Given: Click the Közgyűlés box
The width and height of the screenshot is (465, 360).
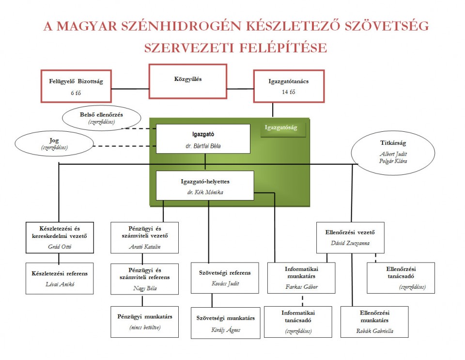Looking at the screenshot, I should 188,82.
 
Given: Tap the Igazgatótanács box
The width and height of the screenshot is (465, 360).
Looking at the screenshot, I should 288,86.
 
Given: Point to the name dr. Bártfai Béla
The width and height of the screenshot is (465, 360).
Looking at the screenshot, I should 203,145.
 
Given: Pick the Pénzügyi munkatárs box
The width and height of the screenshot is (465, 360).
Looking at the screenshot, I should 144,322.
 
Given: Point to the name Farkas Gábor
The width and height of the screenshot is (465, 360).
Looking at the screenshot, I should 301,286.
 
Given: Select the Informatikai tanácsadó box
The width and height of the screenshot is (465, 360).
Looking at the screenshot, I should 298,322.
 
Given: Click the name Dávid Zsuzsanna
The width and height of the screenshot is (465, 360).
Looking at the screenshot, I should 352,243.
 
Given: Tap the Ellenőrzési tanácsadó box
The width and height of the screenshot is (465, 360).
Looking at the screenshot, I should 401,278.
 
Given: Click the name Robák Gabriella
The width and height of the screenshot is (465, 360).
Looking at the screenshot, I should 374,331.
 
